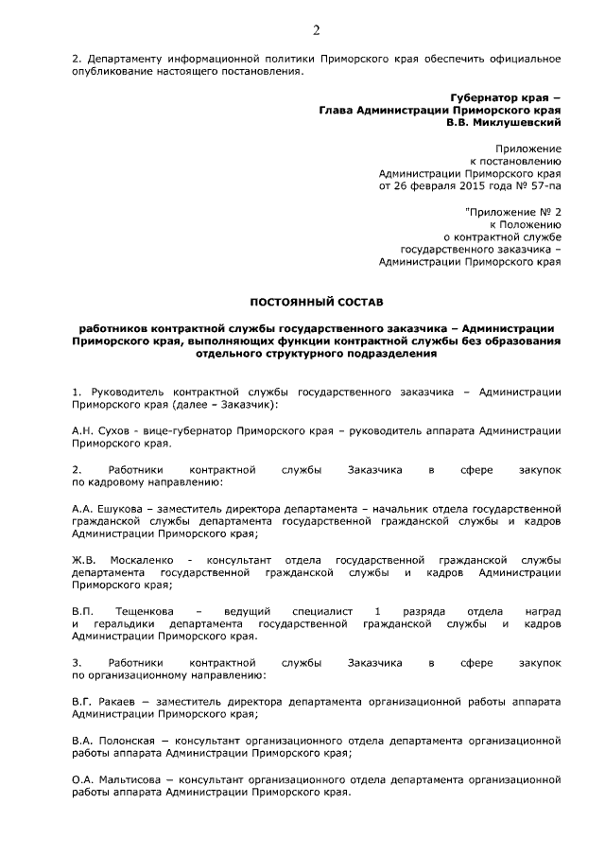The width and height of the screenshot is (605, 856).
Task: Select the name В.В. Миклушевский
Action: point(505,122)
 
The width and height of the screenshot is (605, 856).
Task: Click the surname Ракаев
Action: point(117,702)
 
